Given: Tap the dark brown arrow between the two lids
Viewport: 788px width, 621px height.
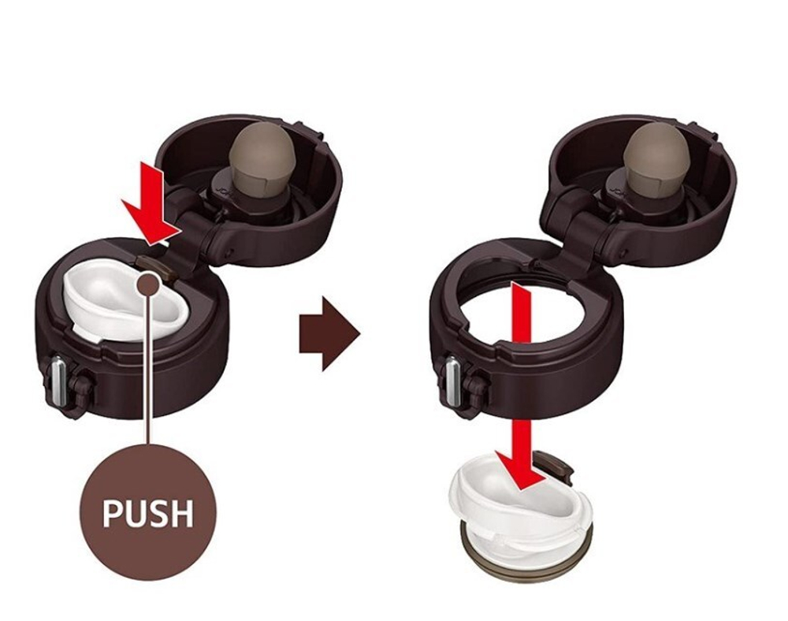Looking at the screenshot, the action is [x=329, y=334].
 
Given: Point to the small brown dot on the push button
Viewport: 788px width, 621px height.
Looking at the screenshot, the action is [x=149, y=284].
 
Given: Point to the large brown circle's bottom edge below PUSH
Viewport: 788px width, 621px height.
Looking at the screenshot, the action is [x=148, y=580].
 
